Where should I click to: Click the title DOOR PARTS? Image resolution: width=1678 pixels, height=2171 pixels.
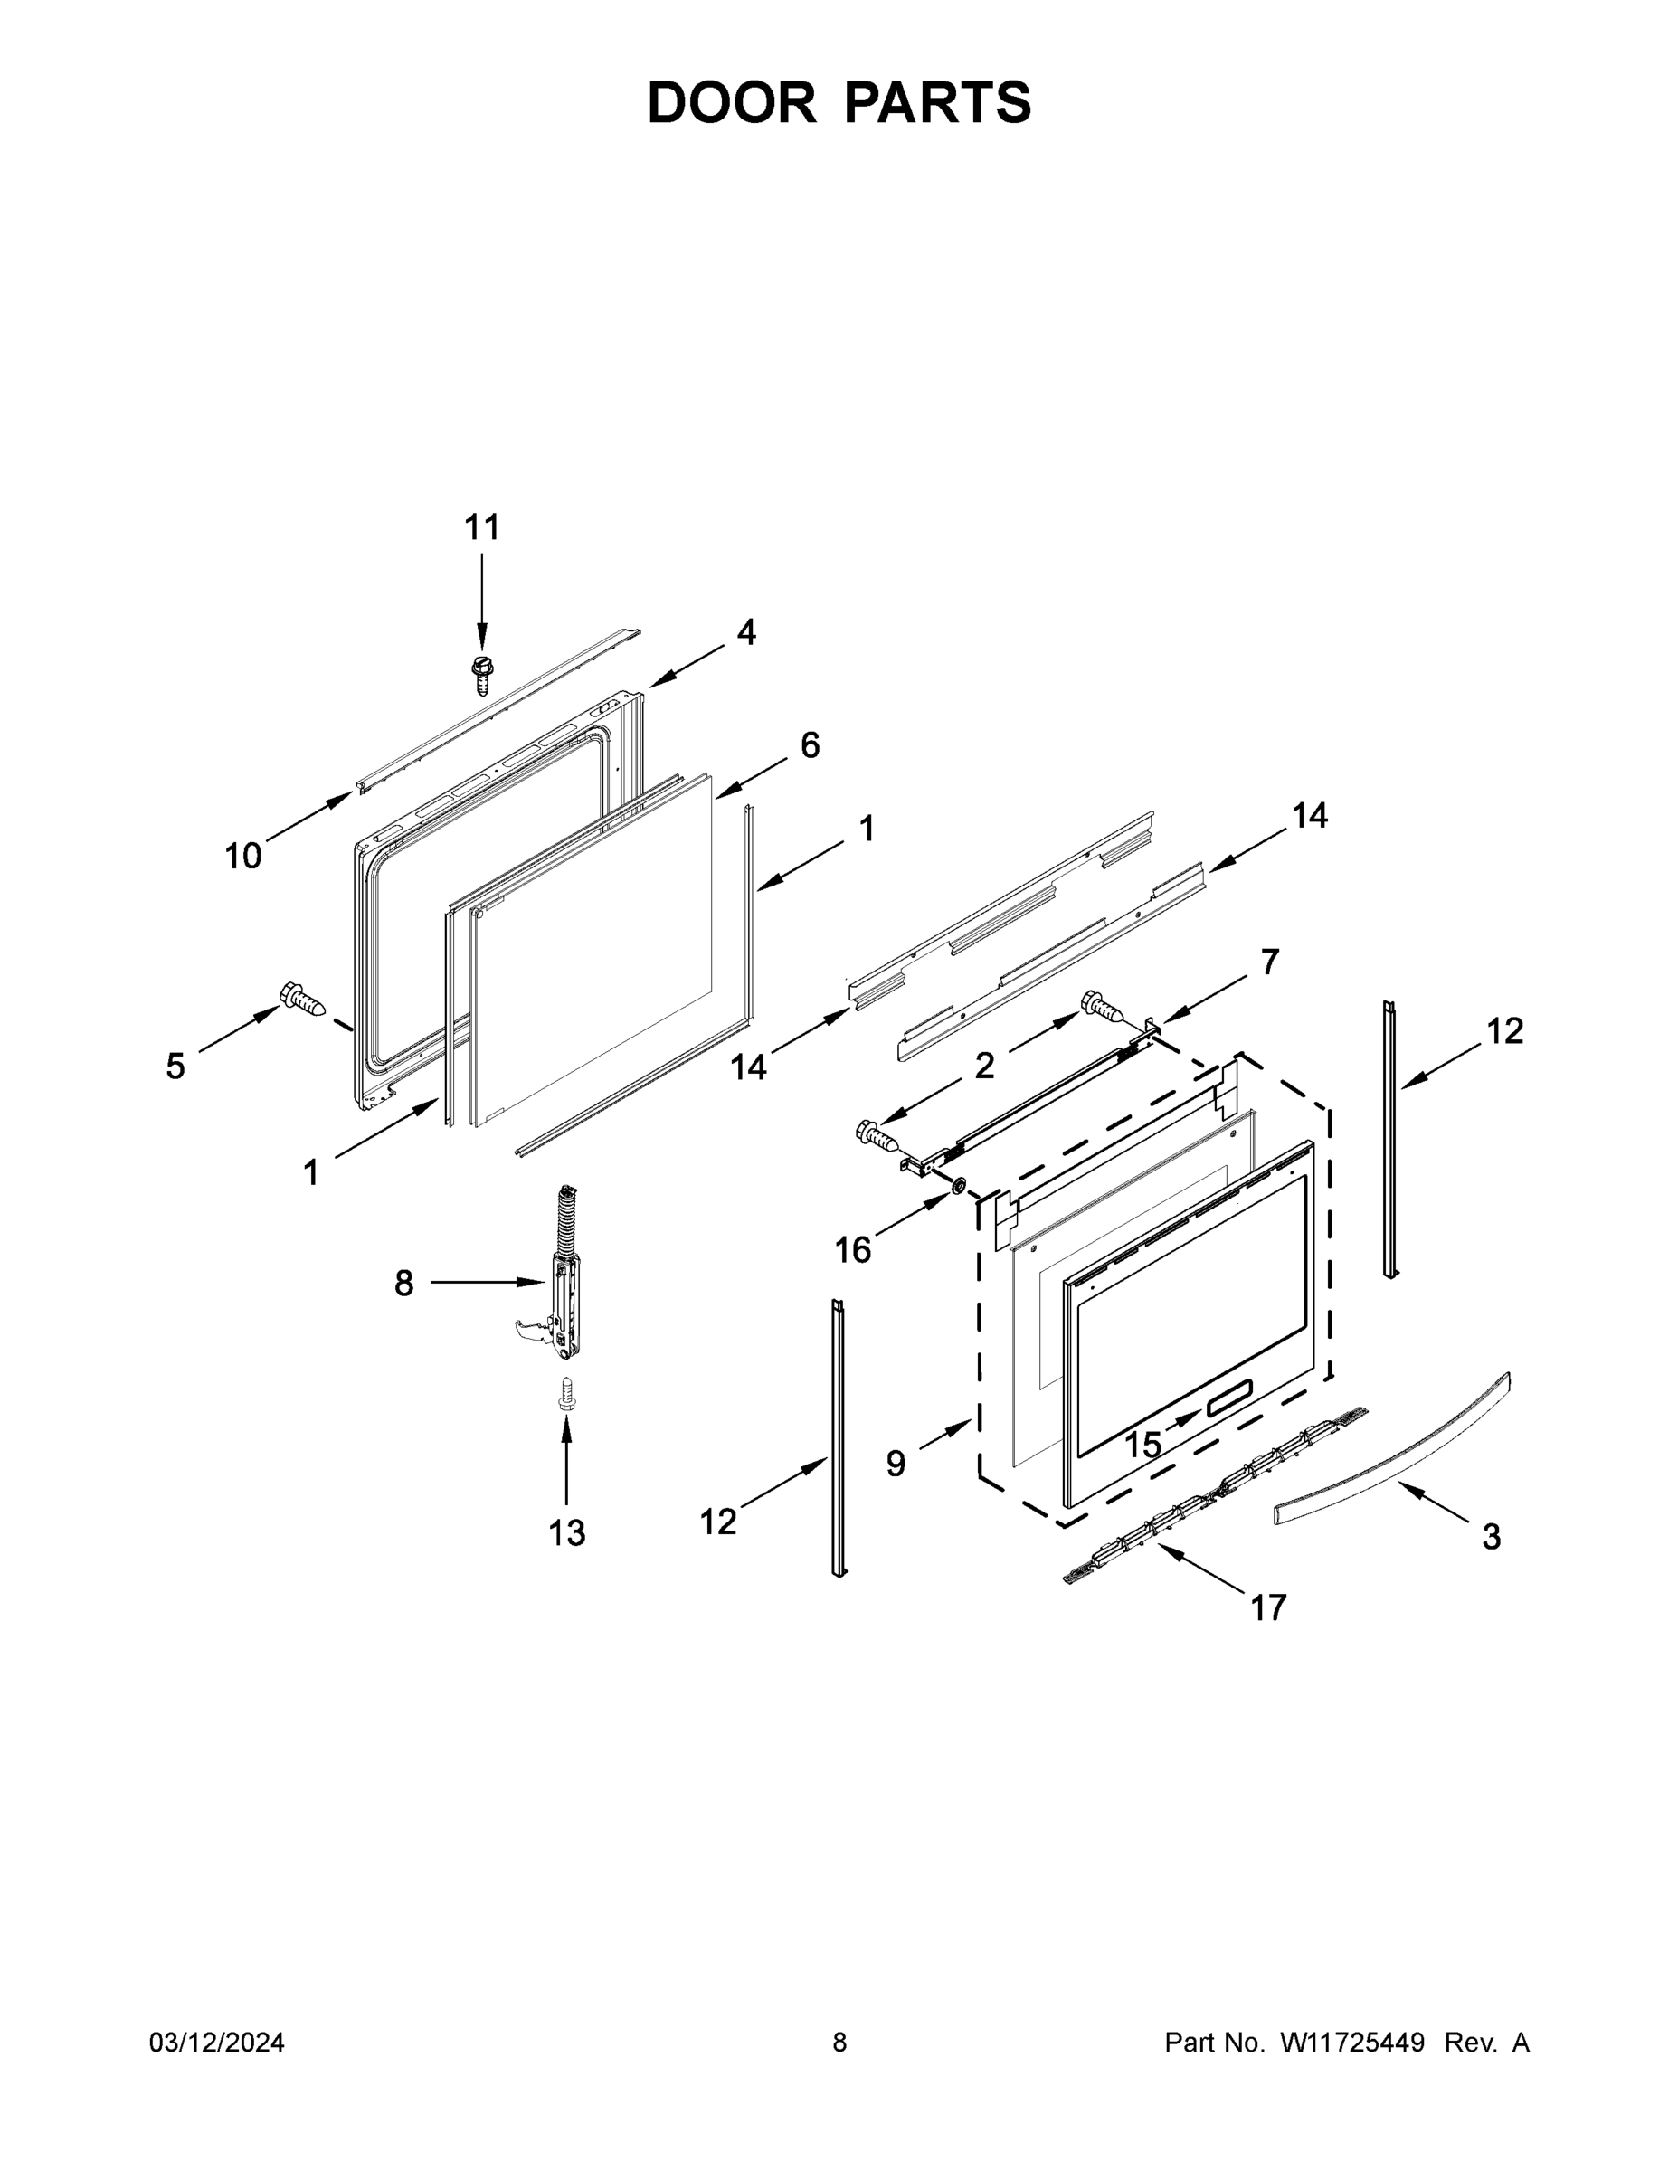click(839, 102)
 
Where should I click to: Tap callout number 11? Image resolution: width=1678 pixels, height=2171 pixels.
click(482, 526)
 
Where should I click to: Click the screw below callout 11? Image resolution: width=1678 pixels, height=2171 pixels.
click(482, 675)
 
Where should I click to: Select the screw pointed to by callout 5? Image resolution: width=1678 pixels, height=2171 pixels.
click(303, 999)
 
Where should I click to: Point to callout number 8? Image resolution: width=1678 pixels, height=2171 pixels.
click(403, 1284)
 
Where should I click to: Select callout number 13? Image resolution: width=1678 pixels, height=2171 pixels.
click(566, 1533)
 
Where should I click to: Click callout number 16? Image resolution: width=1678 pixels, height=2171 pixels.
click(852, 1249)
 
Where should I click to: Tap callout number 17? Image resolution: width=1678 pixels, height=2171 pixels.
click(1267, 1607)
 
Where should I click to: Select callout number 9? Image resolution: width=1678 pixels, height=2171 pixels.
click(896, 1464)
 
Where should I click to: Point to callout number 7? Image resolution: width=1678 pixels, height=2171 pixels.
click(1269, 962)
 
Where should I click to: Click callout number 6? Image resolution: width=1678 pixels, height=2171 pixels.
click(810, 744)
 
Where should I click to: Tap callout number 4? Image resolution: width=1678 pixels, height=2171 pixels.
click(745, 632)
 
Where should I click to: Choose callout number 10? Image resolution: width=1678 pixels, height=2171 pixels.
click(242, 855)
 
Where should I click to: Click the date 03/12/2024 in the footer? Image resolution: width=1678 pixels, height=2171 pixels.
click(217, 2042)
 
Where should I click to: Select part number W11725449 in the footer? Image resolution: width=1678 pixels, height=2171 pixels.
click(1352, 2042)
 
